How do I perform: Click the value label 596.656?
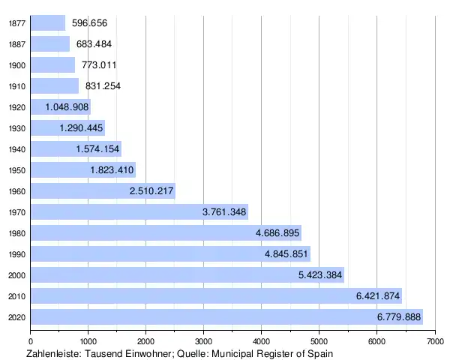coord(89,23)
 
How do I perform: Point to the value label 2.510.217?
coord(151,191)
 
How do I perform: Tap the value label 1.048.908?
coord(67,107)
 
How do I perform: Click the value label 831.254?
coord(103,86)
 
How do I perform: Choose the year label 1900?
coord(17,65)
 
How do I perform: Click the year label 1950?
coord(17,170)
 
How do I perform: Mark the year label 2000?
coord(17,275)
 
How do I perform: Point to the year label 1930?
coord(17,128)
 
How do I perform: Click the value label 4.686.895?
coord(277,233)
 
